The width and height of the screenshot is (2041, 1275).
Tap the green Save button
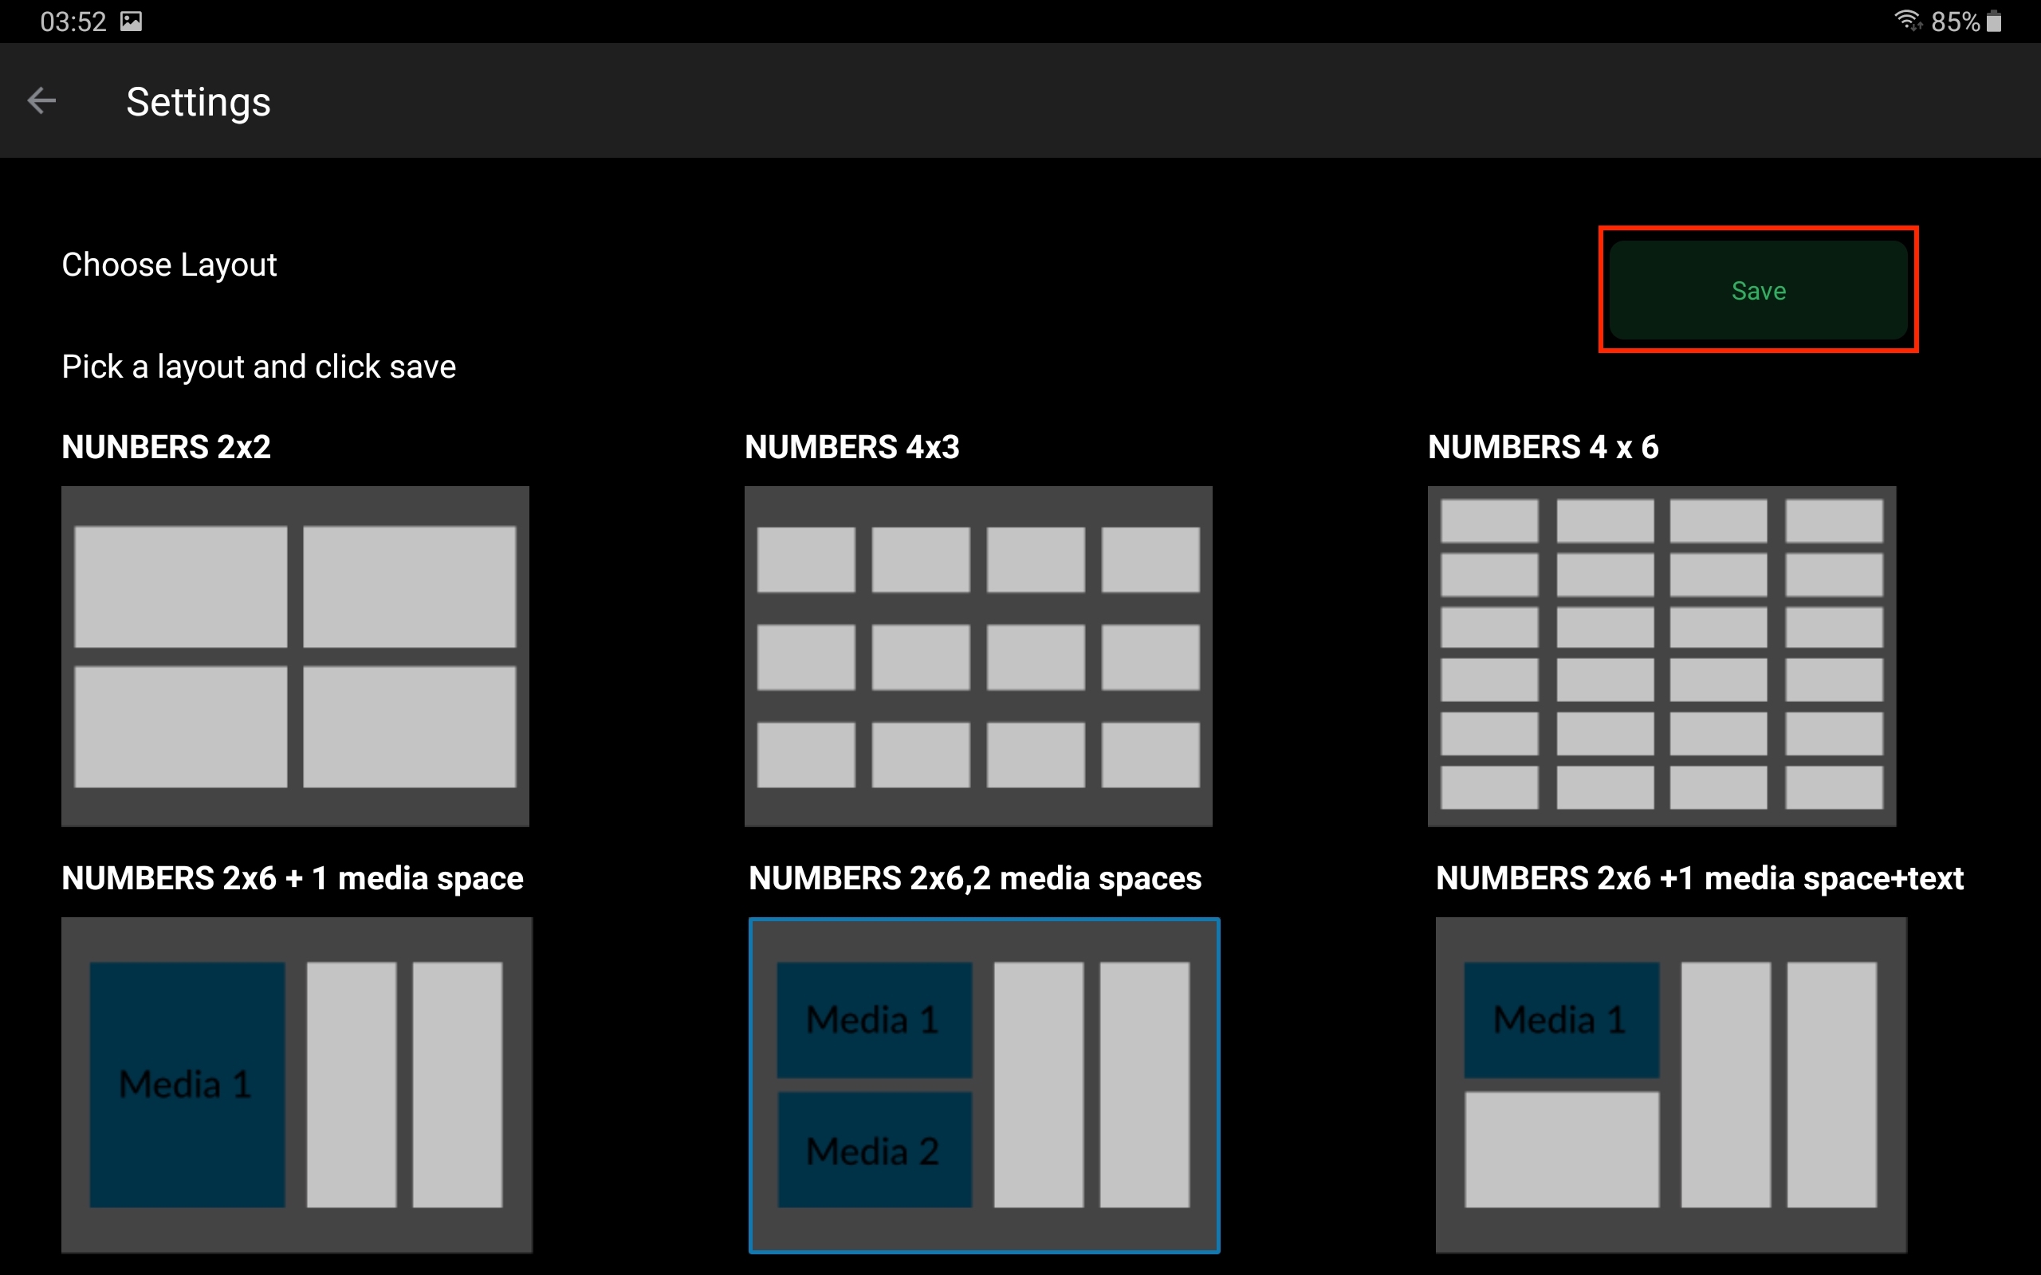[1759, 290]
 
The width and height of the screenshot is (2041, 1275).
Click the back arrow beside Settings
[41, 101]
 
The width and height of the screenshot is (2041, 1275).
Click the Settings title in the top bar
[199, 103]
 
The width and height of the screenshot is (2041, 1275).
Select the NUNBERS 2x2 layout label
[166, 447]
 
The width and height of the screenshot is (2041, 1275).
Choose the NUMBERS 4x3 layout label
[851, 447]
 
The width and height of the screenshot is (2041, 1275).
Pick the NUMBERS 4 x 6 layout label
[1543, 447]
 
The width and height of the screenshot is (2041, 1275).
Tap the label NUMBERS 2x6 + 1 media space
[293, 879]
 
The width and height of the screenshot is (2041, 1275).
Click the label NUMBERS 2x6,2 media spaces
[975, 879]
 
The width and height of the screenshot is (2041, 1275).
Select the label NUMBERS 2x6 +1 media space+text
[1700, 879]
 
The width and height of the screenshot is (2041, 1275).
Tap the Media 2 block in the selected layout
[875, 1149]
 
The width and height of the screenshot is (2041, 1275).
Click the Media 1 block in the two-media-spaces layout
[875, 1019]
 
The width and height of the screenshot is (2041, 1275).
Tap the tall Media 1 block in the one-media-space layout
[187, 1085]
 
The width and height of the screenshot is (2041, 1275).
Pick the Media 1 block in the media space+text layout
[1562, 1019]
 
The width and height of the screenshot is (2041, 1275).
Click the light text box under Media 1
[1562, 1149]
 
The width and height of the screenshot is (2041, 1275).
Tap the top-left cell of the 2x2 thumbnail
[180, 587]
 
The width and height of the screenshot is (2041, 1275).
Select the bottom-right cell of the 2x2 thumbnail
[410, 727]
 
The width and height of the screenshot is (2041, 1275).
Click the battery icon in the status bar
[1994, 21]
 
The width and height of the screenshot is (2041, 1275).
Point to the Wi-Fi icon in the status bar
[1908, 20]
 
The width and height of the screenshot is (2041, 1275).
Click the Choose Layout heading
[169, 265]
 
